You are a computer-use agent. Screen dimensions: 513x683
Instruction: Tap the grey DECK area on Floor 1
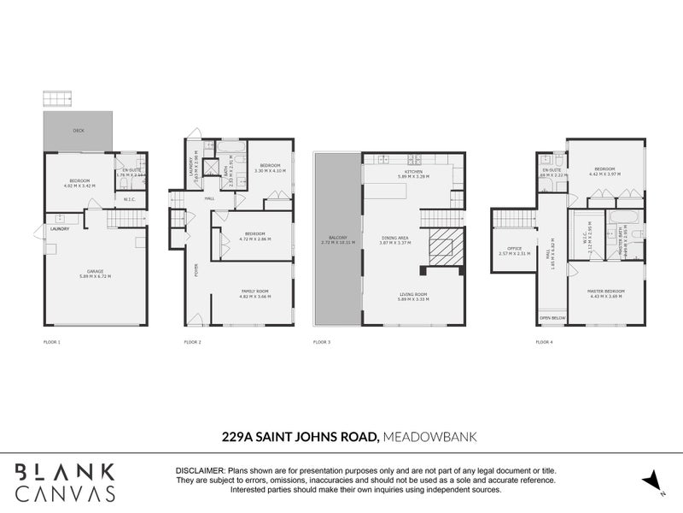pyautogui.click(x=78, y=132)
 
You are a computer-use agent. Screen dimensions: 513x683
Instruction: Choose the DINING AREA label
pyautogui.click(x=395, y=239)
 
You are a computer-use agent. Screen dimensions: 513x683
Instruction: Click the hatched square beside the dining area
pyautogui.click(x=444, y=247)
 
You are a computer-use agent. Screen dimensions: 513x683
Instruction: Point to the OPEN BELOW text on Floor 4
pyautogui.click(x=552, y=317)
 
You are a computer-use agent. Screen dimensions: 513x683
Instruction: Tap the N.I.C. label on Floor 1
pyautogui.click(x=131, y=200)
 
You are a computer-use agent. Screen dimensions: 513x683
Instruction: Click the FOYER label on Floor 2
pyautogui.click(x=197, y=270)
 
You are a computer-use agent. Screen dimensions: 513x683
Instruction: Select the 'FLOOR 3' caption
pyautogui.click(x=321, y=342)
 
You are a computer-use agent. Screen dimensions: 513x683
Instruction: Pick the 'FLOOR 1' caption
pyautogui.click(x=52, y=342)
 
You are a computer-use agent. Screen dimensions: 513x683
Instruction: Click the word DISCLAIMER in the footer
pyautogui.click(x=199, y=471)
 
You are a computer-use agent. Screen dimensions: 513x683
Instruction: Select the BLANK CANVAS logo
pyautogui.click(x=67, y=481)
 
